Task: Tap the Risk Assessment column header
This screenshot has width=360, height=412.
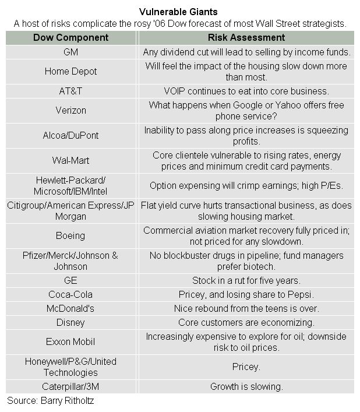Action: click(x=246, y=37)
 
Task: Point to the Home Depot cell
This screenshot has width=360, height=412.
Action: click(x=70, y=71)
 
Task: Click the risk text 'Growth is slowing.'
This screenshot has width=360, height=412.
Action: click(x=246, y=386)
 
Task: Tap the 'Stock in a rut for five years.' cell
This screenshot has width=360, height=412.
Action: click(x=246, y=280)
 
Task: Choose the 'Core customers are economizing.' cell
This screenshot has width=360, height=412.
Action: click(x=246, y=322)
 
